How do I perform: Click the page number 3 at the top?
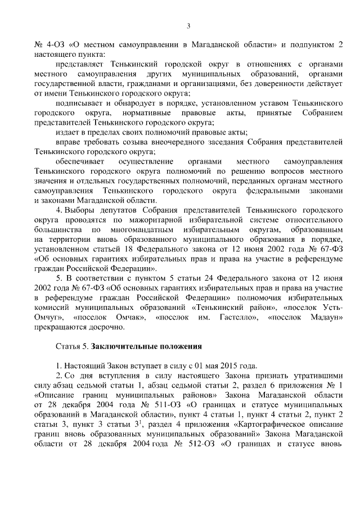coord(188,25)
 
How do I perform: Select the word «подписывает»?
coord(81,103)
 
